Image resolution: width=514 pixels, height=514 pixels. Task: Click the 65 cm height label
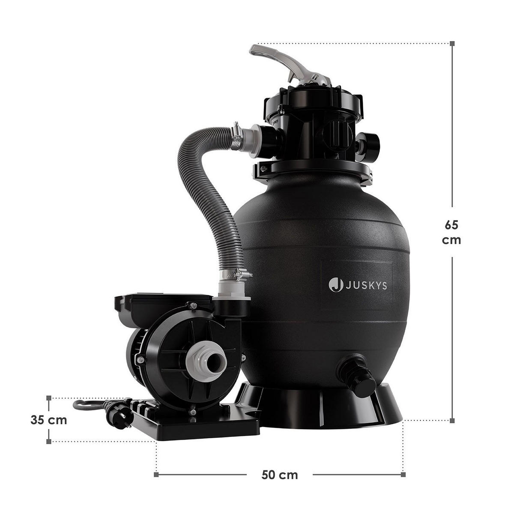click(451, 232)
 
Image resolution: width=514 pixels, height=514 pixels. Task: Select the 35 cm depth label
click(49, 420)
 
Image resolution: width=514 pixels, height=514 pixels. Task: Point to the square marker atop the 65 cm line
click(451, 43)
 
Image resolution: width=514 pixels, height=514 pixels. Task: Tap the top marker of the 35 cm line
click(49, 397)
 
